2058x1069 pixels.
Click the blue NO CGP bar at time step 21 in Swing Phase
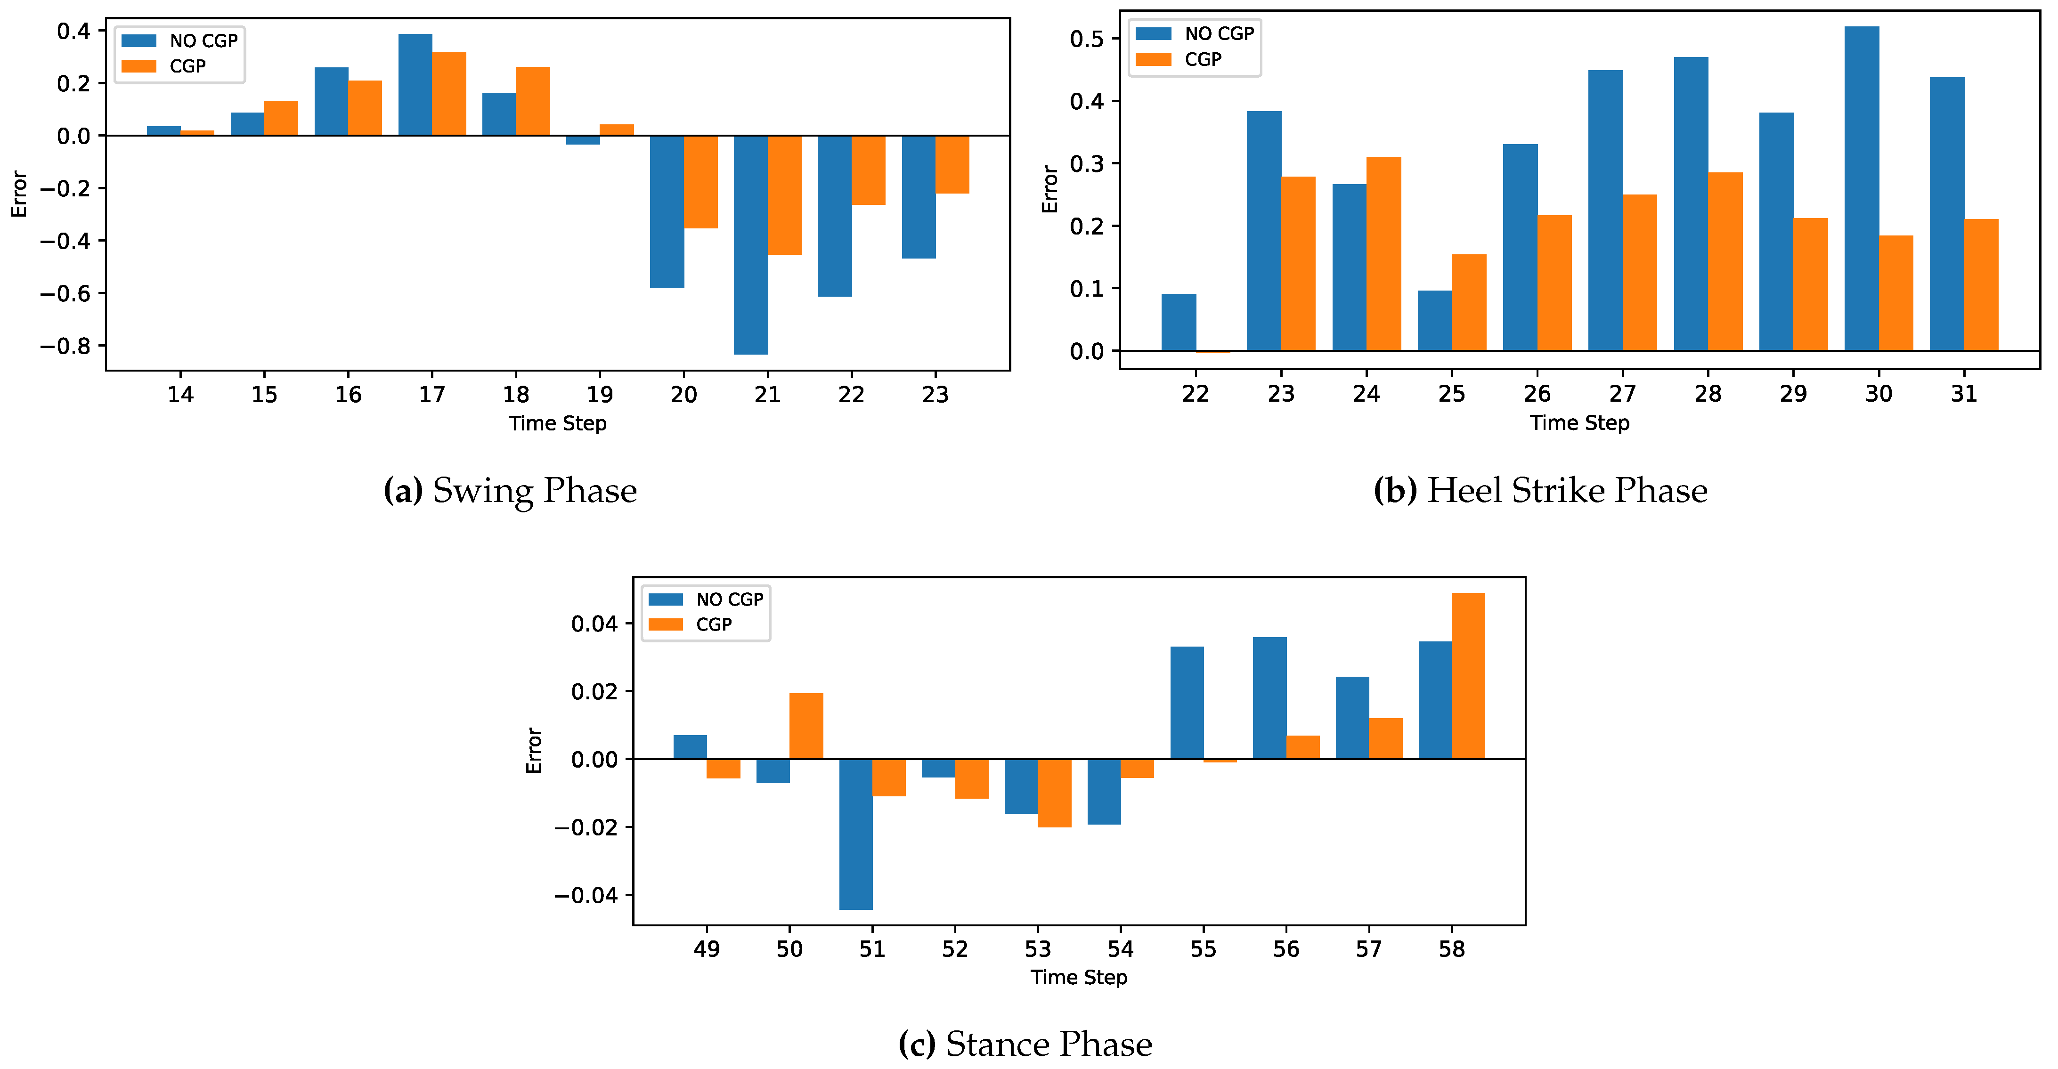(x=751, y=244)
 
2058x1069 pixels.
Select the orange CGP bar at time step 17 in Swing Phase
(x=449, y=94)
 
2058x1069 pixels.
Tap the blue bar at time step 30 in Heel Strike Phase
(x=1862, y=188)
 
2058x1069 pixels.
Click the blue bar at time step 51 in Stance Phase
(x=855, y=834)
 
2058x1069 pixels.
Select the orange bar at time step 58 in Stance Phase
(x=1468, y=676)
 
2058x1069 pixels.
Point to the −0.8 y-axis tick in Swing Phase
(x=65, y=347)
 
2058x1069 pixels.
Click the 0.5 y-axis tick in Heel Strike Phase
(x=1087, y=39)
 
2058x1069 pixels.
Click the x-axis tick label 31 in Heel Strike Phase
(x=1964, y=394)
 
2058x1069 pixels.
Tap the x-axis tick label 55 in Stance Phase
(x=1203, y=949)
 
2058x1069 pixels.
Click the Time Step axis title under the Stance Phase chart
(x=1079, y=977)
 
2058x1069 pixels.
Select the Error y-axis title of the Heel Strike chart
(x=1050, y=189)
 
